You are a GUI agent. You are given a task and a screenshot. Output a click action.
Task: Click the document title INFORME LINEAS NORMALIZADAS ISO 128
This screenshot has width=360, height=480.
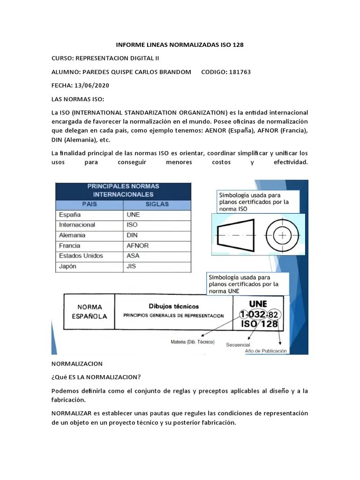click(180, 45)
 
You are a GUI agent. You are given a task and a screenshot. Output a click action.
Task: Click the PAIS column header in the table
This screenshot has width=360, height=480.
click(89, 204)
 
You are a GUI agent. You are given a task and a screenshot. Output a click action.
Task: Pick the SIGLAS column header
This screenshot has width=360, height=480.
click(157, 204)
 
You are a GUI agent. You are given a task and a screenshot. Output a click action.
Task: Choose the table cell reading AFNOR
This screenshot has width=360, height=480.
click(137, 246)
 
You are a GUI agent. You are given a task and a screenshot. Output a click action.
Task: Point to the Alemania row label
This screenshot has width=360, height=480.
click(72, 235)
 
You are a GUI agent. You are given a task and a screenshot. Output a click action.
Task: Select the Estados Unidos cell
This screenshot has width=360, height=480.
click(81, 256)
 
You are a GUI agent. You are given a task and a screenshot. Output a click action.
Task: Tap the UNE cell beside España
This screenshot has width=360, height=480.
click(133, 215)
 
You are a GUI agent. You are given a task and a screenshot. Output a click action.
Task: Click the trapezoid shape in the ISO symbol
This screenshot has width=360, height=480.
click(236, 235)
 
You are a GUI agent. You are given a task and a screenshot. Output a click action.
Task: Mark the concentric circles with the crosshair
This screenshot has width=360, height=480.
click(283, 235)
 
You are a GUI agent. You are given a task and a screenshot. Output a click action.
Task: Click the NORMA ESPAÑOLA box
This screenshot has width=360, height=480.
click(89, 312)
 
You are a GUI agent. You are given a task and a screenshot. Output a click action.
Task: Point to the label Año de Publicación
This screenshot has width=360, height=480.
click(266, 351)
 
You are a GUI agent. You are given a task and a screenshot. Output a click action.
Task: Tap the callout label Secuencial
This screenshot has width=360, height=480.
click(238, 345)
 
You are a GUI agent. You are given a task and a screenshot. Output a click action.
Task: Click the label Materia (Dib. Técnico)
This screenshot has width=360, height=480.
click(192, 342)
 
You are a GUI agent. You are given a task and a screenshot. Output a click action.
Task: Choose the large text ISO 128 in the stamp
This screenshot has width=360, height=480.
click(258, 324)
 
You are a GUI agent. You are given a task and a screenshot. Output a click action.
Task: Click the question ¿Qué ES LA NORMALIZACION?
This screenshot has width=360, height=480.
click(96, 377)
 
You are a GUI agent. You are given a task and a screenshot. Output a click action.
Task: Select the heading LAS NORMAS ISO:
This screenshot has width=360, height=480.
click(78, 99)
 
